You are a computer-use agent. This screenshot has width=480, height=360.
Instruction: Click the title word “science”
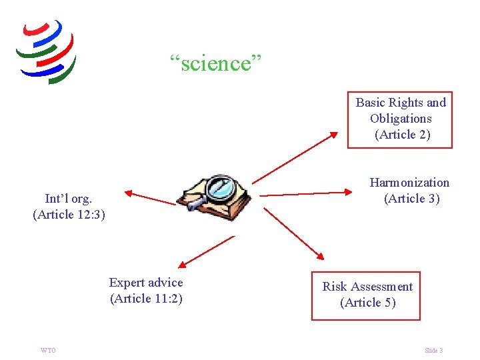coord(216,64)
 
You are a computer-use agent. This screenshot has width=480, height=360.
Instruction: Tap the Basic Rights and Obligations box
coord(400,119)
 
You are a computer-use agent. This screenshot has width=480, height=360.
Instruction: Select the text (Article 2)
coord(402,135)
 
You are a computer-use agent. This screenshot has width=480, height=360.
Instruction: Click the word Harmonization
coord(409,183)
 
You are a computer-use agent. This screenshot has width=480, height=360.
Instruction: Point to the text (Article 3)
coord(411,199)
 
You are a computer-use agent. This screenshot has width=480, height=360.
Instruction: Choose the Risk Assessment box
coord(367,295)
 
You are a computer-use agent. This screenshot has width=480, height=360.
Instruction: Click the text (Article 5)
coord(367,303)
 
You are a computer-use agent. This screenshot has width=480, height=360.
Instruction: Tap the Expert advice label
coord(146,283)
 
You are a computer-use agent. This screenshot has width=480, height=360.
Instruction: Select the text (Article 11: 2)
coord(146,299)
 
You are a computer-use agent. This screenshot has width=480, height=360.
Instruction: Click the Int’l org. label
coord(68,199)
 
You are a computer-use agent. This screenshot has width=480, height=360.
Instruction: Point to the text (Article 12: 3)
coord(69,215)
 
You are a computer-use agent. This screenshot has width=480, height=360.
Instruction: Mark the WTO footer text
coord(48,351)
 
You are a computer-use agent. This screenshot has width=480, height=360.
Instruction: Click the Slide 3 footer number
coord(433,351)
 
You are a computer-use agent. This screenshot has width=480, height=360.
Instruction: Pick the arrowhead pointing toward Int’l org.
coord(129,194)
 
